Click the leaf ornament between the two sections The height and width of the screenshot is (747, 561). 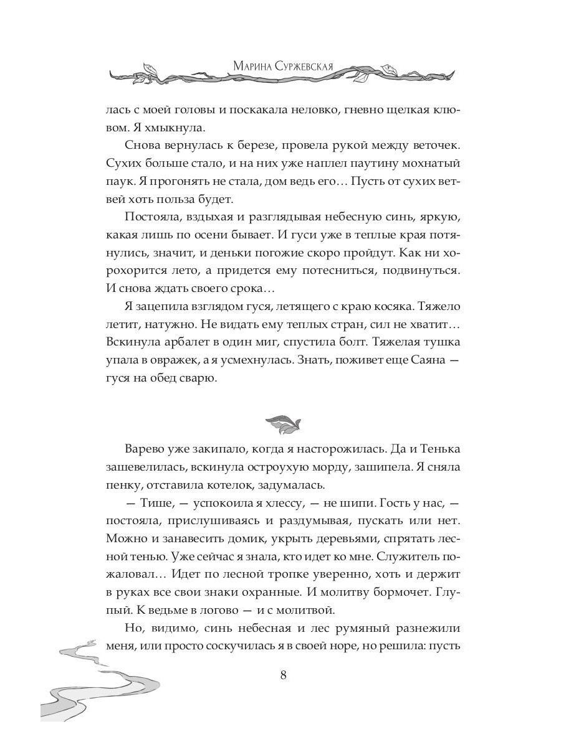coord(282,423)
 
